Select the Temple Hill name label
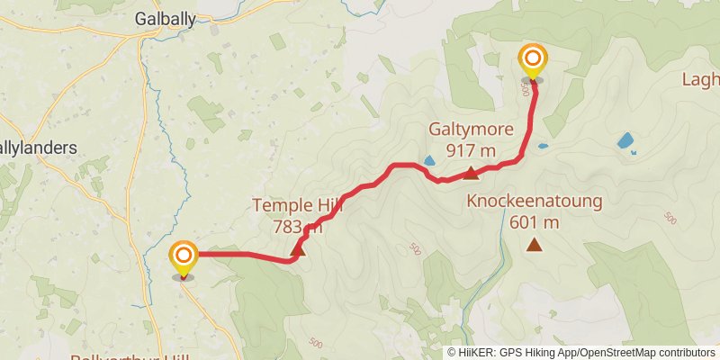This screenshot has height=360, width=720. (298, 206)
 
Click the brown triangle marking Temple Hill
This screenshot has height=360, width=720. (300, 249)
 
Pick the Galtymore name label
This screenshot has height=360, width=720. (471, 129)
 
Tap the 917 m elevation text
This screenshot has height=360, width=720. (471, 149)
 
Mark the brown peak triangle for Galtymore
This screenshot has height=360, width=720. (472, 172)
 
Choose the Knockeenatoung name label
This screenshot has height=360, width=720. (534, 202)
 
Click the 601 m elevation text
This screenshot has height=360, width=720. (534, 222)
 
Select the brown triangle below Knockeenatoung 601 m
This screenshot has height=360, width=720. (535, 244)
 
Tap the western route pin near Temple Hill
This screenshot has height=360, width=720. (183, 257)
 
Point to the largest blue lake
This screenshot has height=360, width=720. (625, 141)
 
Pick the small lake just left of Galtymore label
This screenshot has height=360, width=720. (429, 162)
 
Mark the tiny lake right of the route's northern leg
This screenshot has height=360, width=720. (544, 145)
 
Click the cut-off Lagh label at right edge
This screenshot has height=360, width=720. (700, 79)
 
